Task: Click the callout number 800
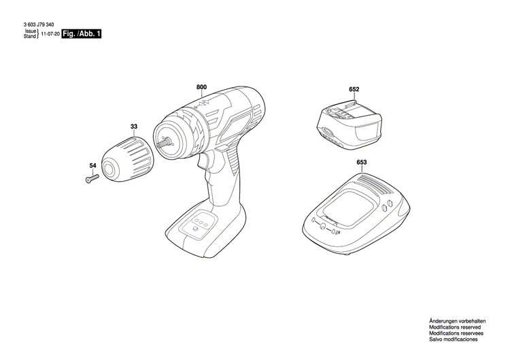pyautogui.click(x=201, y=88)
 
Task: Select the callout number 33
pyautogui.click(x=133, y=126)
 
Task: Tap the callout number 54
pyautogui.click(x=92, y=165)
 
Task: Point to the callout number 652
pyautogui.click(x=354, y=89)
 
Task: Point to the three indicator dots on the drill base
pyautogui.click(x=201, y=221)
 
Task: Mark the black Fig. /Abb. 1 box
pyautogui.click(x=81, y=33)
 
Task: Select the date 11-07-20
pyautogui.click(x=49, y=34)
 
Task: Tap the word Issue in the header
pyautogui.click(x=30, y=31)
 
